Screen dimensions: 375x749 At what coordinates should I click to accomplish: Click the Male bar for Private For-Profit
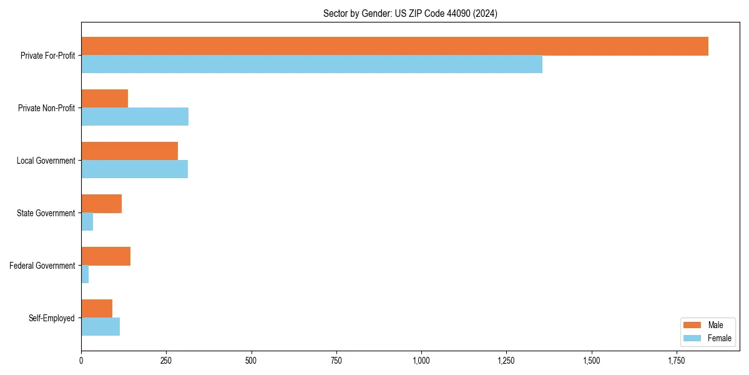(x=394, y=46)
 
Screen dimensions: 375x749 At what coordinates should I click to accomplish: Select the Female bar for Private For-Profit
(x=311, y=64)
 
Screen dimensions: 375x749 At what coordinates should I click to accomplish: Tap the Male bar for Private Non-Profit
(x=104, y=99)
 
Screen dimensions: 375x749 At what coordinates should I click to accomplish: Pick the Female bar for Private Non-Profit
(x=135, y=117)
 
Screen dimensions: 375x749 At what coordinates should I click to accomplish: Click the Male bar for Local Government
(x=129, y=151)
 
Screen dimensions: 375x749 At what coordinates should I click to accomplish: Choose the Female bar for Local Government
(x=134, y=169)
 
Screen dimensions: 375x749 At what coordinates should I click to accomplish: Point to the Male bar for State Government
(x=101, y=204)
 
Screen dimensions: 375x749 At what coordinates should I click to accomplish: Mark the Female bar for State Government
(x=87, y=222)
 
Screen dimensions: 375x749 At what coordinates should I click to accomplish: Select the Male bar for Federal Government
(x=105, y=256)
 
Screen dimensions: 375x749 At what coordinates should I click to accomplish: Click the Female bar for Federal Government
(x=85, y=274)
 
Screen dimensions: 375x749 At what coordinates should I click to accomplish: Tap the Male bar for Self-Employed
(x=97, y=309)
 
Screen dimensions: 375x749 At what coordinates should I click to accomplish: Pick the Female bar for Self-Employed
(x=100, y=327)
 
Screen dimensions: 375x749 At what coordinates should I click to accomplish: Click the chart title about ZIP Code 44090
(x=410, y=13)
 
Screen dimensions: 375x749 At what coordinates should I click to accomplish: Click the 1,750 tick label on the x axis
(x=677, y=361)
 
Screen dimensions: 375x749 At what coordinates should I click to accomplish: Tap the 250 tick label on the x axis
(x=166, y=361)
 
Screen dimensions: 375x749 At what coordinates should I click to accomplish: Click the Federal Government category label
(x=42, y=266)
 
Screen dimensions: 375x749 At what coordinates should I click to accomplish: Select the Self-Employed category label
(x=51, y=318)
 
